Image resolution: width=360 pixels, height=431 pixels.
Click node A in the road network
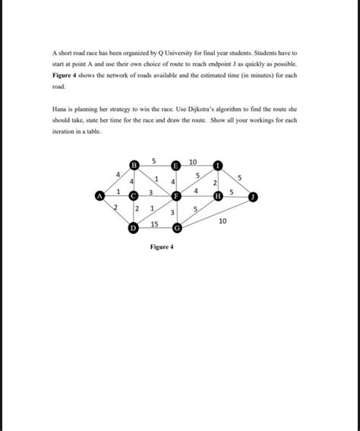99,195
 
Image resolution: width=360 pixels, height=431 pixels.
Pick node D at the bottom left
134,227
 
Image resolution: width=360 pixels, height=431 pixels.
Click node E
176,165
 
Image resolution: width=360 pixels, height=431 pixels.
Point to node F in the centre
175,195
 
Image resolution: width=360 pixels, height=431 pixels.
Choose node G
177,227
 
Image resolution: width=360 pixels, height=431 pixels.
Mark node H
218,195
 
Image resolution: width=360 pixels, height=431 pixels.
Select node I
218,165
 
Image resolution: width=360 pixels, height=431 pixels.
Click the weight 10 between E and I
194,161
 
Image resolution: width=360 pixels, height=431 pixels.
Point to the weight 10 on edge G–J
222,220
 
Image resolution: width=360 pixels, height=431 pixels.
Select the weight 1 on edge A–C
118,191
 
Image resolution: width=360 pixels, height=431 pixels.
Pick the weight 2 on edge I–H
215,183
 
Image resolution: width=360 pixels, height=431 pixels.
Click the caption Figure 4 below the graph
163,247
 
